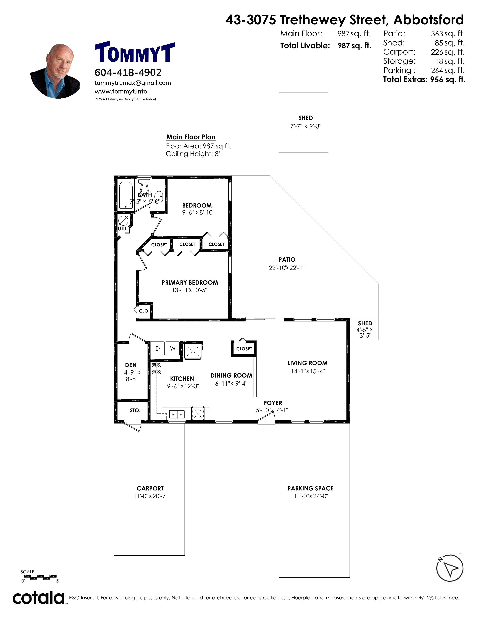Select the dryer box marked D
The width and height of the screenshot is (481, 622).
coord(158,348)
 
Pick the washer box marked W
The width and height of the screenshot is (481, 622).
coord(173,348)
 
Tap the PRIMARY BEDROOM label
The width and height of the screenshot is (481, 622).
coord(190,283)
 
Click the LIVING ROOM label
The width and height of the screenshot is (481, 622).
coord(307,363)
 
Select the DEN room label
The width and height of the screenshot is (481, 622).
coord(131,365)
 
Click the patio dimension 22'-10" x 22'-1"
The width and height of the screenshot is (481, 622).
coord(287,268)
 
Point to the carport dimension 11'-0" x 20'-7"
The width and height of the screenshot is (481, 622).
coord(151,496)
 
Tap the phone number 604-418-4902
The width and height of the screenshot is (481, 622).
coord(128,72)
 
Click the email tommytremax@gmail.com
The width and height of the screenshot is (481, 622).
coord(133,83)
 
